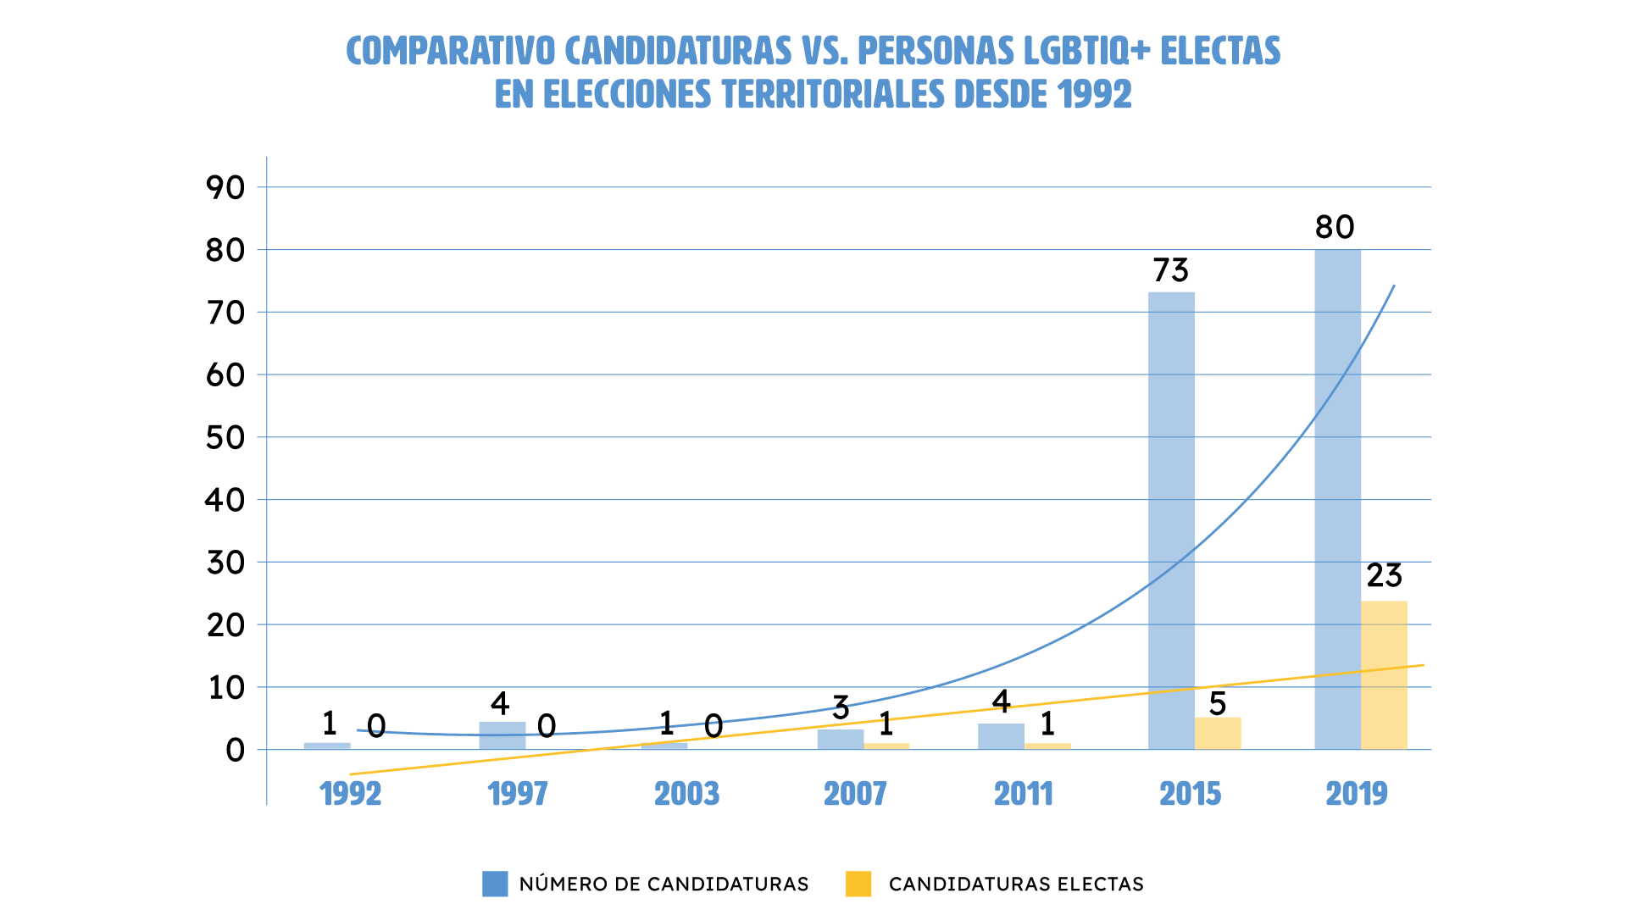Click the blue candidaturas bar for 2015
[1171, 520]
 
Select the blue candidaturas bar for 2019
[1337, 499]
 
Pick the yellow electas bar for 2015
[1218, 734]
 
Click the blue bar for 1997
[502, 735]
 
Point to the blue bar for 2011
[1001, 736]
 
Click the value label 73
[1171, 270]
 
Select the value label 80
[1335, 227]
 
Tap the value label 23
[1384, 576]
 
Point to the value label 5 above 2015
[1218, 704]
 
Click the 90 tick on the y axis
[225, 188]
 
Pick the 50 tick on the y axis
[225, 438]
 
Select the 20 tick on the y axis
[225, 625]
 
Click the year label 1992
[350, 794]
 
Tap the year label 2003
[686, 794]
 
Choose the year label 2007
[855, 794]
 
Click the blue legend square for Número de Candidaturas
[495, 884]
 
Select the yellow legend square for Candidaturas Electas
[858, 884]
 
